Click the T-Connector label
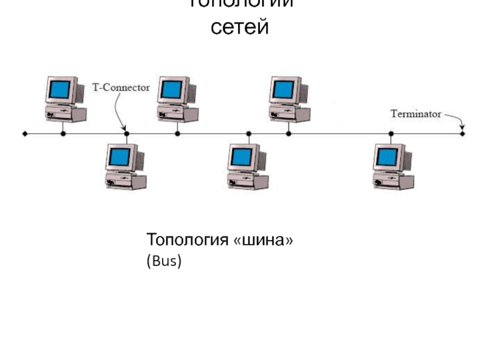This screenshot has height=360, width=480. pos(120,88)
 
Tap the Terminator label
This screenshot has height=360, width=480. pos(416,113)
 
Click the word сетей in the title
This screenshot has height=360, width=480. pos(239,27)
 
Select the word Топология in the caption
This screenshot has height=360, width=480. pos(187,241)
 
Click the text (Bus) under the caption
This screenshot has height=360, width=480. pos(164,262)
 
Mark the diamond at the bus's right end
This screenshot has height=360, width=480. pos(462,133)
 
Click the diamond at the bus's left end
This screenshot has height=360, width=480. pos(24,133)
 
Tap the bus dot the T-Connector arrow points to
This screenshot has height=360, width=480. pos(126,133)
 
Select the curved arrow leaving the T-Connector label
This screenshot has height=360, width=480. pos(117,111)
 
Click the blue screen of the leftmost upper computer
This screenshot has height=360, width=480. pos(60,90)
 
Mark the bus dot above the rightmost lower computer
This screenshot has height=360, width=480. pos(391,133)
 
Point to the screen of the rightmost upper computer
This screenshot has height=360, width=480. pos(283,90)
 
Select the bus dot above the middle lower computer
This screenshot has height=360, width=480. pos(247,133)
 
